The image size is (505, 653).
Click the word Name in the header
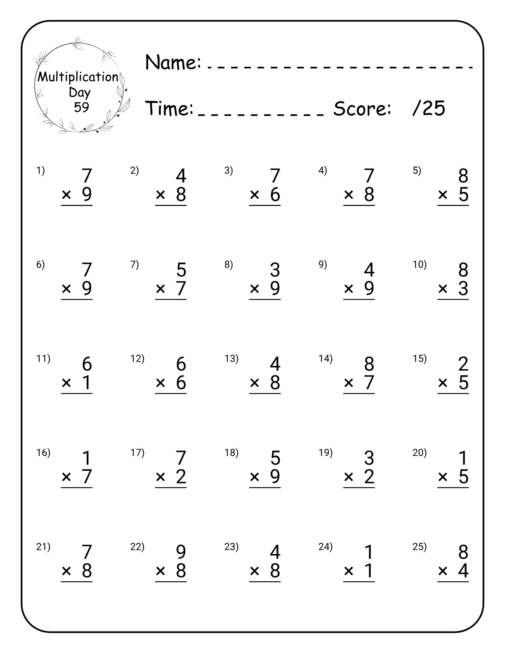[173, 63]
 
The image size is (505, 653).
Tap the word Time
[170, 109]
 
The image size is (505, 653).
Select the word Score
[362, 109]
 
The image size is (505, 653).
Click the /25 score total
[429, 108]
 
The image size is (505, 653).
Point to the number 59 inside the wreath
[81, 107]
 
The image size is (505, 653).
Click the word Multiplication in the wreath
[78, 77]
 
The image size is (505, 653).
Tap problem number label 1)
[40, 170]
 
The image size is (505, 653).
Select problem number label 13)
[231, 359]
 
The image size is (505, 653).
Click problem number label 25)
[420, 547]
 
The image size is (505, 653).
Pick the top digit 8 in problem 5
[463, 176]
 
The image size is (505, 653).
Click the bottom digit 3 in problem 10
[463, 289]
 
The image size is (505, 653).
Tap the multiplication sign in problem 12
[160, 383]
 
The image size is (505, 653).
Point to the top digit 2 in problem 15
[463, 364]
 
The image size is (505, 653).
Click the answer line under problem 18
[265, 488]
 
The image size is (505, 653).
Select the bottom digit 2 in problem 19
[369, 477]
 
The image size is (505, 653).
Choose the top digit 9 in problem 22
[181, 552]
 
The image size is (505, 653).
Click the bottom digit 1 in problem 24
[369, 571]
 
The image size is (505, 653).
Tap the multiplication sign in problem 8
[255, 289]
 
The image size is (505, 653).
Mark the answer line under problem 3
[265, 205]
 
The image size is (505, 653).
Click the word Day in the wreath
[79, 92]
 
